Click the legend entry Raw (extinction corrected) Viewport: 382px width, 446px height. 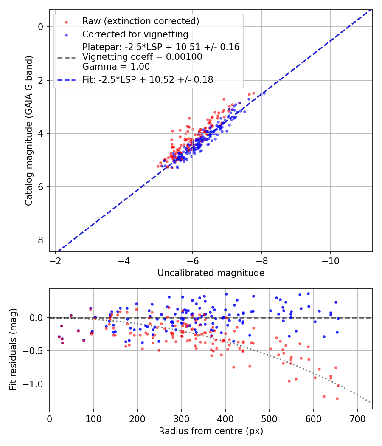point(140,21)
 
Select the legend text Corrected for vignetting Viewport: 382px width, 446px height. point(135,34)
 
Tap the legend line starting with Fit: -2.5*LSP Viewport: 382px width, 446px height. point(148,79)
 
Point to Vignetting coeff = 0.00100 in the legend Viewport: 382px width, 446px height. point(142,57)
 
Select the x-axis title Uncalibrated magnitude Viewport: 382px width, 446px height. point(211,273)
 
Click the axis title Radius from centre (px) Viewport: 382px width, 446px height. point(211,431)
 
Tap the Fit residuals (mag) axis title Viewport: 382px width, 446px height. point(13,349)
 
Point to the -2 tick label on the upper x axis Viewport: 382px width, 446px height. point(55,260)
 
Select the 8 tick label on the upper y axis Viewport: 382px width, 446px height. point(41,240)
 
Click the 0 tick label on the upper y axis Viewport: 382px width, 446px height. point(41,27)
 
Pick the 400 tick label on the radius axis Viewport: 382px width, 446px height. point(225,418)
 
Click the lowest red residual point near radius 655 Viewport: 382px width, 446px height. point(337,398)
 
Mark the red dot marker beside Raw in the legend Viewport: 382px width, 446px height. point(66,22)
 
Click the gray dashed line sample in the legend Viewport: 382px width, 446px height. point(66,57)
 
